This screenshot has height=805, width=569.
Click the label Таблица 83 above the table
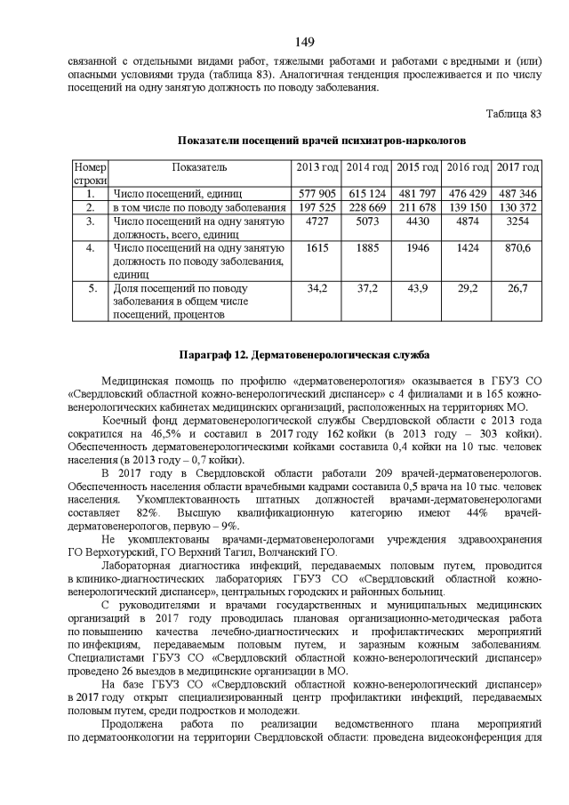[x=512, y=114]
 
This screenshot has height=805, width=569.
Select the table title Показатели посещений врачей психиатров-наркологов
[x=309, y=141]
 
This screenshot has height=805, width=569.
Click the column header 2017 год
[x=518, y=167]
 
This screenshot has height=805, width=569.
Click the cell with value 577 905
[x=317, y=193]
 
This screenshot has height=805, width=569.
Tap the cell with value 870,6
[x=518, y=248]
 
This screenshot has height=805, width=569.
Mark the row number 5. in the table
[x=91, y=289]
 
